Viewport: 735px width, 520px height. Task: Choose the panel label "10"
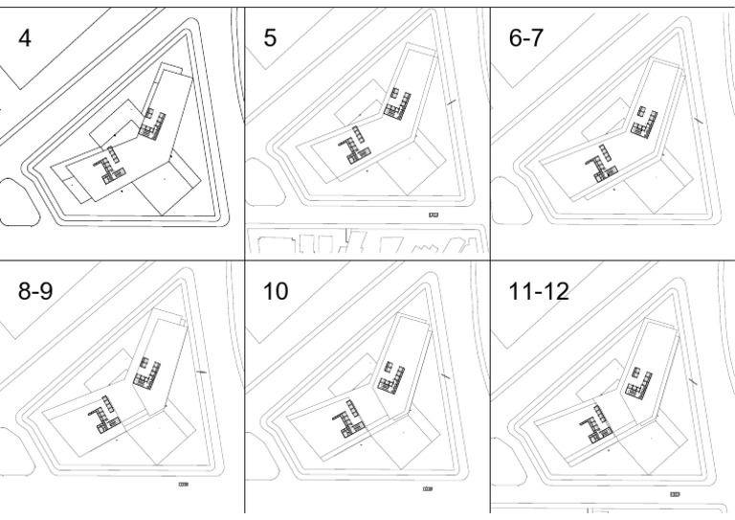(276, 291)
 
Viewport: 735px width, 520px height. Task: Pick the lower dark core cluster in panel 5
(357, 147)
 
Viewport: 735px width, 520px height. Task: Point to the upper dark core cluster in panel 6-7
(644, 118)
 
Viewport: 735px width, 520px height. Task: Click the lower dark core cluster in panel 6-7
(603, 163)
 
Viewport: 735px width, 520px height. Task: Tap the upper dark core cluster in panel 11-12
(639, 382)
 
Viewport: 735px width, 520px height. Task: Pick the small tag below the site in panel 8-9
(183, 486)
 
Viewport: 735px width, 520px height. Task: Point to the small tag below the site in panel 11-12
(676, 494)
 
